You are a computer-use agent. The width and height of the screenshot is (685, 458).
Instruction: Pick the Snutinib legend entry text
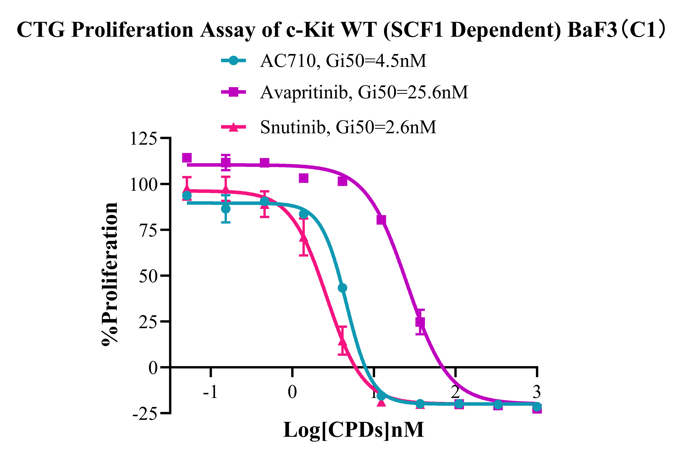348,127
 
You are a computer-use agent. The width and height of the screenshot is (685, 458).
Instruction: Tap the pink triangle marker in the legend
233,127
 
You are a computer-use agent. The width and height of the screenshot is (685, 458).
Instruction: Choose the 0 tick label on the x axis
292,392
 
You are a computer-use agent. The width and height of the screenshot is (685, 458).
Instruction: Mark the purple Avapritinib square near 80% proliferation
381,220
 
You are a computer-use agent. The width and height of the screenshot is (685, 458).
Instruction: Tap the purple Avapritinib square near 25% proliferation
420,322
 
